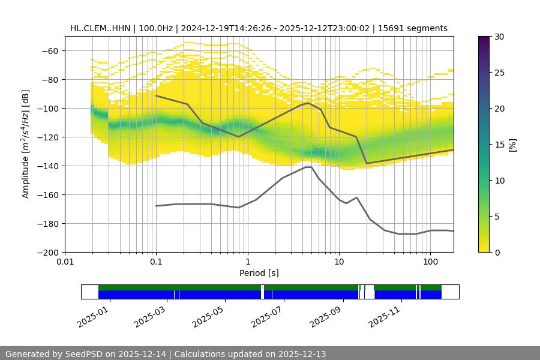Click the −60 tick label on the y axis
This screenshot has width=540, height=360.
pyautogui.click(x=49, y=51)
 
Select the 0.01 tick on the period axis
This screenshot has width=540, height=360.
pyautogui.click(x=65, y=262)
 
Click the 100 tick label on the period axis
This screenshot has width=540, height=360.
pyautogui.click(x=430, y=262)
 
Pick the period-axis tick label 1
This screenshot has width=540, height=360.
pyautogui.click(x=247, y=262)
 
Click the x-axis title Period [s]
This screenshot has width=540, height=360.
pyautogui.click(x=259, y=273)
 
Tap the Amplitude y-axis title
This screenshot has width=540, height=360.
pyautogui.click(x=25, y=144)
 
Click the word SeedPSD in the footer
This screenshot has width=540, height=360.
pyautogui.click(x=83, y=354)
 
